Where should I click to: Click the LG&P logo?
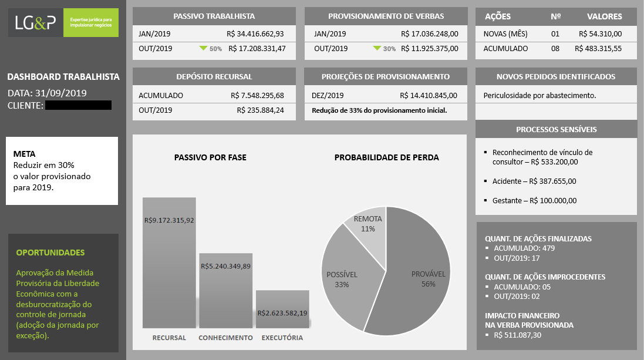pos(63,22)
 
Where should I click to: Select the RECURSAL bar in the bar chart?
pos(169,263)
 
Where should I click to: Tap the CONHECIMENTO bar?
pos(226,291)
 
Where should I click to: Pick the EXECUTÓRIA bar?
pos(282,309)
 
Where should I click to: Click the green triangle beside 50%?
pos(203,49)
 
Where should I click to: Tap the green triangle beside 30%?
pos(377,49)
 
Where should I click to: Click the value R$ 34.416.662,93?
pos(255,33)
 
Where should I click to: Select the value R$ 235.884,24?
pos(261,110)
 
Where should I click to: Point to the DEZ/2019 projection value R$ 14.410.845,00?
pos(429,95)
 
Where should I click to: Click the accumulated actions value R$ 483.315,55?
pos(598,49)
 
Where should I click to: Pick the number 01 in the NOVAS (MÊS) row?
pos(555,33)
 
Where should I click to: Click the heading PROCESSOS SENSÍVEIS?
pos(557,129)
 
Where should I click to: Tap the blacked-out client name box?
pos(78,105)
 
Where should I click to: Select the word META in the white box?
pos(24,154)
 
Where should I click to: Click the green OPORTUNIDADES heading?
pos(50,253)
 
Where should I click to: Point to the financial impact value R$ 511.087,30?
pos(518,335)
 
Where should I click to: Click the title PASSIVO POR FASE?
pos(210,157)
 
